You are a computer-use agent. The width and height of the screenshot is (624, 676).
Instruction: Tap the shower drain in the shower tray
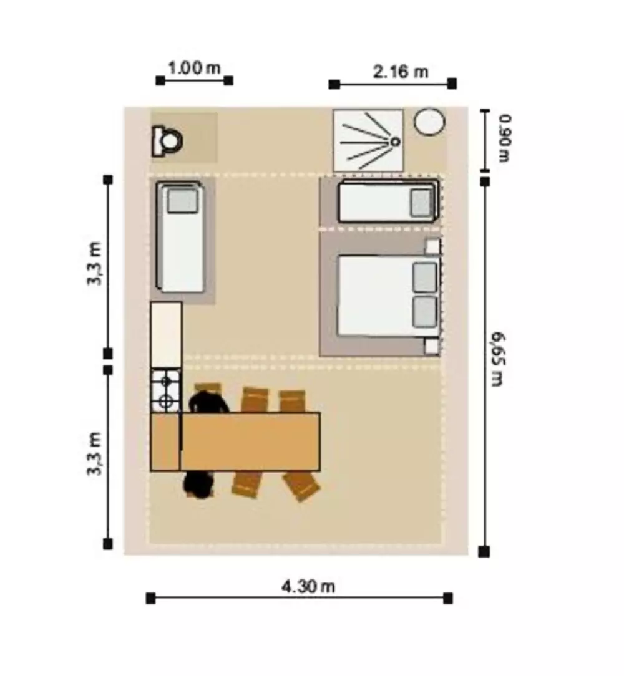point(395,142)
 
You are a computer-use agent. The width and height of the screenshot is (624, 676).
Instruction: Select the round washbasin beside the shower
point(429,122)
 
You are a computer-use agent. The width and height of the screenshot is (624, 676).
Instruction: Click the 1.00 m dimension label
point(194,68)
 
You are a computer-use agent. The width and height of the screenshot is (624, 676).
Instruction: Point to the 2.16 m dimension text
point(400,72)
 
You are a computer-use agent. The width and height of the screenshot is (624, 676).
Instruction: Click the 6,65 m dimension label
point(497,359)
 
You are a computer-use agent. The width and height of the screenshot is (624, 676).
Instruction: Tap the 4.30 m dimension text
point(308,586)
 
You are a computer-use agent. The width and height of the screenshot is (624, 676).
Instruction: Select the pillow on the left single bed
point(183,201)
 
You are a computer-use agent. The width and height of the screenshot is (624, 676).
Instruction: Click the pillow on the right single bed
point(421,203)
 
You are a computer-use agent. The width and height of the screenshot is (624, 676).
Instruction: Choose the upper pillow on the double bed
point(424,278)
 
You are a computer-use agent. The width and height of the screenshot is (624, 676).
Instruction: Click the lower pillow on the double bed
point(424,311)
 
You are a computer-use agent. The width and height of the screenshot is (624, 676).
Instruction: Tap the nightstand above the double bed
point(432,246)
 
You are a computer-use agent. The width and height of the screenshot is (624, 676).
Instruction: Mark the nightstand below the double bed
point(432,347)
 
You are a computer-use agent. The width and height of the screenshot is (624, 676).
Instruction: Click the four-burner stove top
point(165,391)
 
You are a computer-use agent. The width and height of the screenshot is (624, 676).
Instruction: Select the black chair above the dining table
point(209,402)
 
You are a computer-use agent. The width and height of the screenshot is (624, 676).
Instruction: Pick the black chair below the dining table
point(198,485)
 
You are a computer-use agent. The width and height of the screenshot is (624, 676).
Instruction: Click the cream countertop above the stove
point(166,335)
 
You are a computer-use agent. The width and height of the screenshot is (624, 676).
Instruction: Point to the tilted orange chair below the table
point(301,486)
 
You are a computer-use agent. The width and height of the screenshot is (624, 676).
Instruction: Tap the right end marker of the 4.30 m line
point(448,598)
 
